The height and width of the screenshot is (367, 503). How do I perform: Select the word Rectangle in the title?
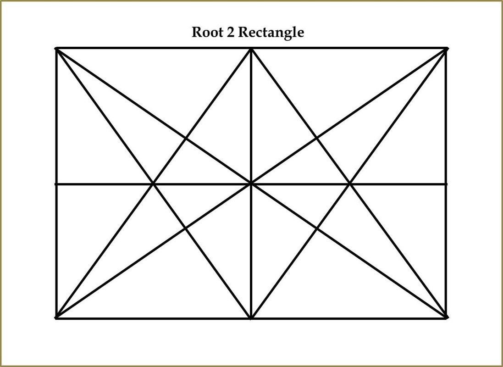pyautogui.click(x=271, y=33)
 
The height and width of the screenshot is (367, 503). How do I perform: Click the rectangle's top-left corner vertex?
pyautogui.click(x=56, y=49)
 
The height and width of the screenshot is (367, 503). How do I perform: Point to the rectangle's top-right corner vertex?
pyautogui.click(x=446, y=49)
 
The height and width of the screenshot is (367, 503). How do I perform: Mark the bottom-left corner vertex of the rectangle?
pyautogui.click(x=56, y=318)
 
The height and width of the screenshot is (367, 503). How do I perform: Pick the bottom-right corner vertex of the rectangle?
pyautogui.click(x=446, y=318)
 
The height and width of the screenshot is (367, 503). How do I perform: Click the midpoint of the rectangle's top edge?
pyautogui.click(x=251, y=49)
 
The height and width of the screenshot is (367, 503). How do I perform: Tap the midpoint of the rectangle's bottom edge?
pyautogui.click(x=251, y=318)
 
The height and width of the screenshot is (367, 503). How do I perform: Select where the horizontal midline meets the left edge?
pyautogui.click(x=56, y=184)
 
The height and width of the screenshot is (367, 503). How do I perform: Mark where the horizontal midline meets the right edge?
pyautogui.click(x=446, y=184)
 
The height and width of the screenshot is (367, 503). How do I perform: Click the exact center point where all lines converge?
pyautogui.click(x=251, y=184)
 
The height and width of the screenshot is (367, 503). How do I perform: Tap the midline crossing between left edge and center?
pyautogui.click(x=154, y=184)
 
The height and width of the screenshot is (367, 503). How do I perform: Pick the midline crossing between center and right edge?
pyautogui.click(x=349, y=184)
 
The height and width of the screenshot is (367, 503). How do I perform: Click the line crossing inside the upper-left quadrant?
pyautogui.click(x=186, y=139)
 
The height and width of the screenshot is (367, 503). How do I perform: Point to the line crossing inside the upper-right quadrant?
pyautogui.click(x=317, y=139)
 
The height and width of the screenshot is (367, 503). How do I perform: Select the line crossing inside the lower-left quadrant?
pyautogui.click(x=186, y=228)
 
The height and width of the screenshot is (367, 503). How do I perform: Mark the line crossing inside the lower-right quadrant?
pyautogui.click(x=317, y=228)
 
